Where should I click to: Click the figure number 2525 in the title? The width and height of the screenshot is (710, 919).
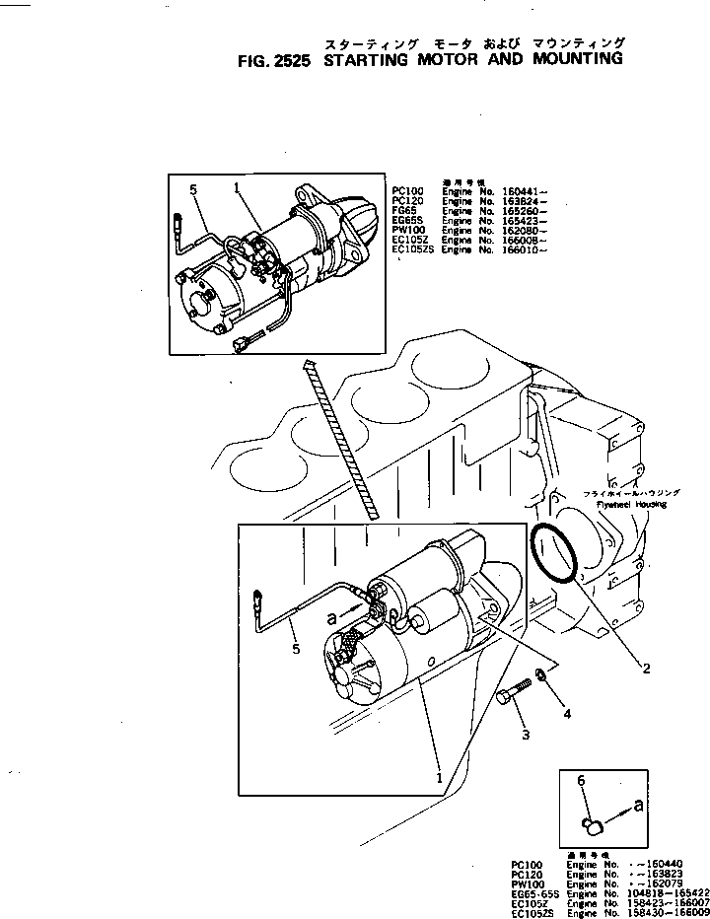292,59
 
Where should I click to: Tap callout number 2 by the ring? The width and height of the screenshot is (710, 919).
647,669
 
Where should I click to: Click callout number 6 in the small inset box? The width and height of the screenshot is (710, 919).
582,779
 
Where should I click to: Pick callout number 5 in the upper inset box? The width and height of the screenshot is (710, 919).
193,188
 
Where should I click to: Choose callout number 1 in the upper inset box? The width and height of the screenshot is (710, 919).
237,185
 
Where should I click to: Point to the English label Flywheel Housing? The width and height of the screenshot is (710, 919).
630,504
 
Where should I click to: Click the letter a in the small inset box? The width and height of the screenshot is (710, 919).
639,804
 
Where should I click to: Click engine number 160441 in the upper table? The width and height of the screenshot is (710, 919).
523,192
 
